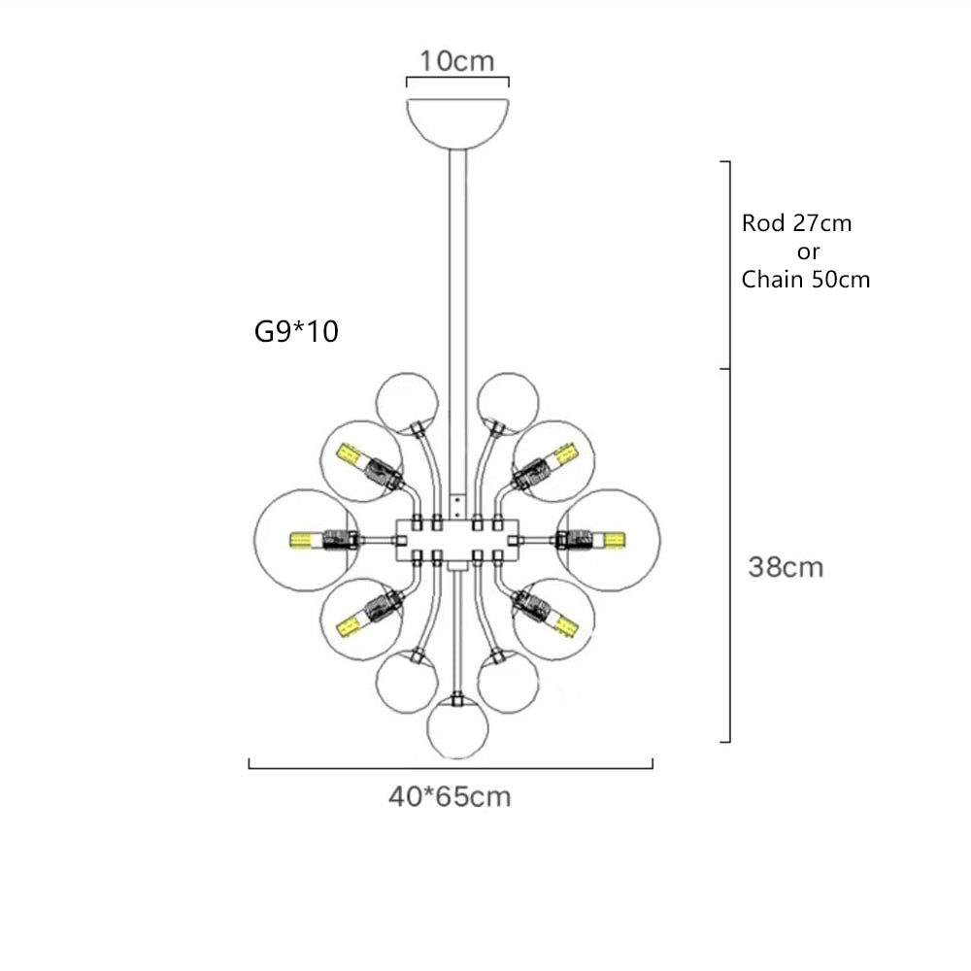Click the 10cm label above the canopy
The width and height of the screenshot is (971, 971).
[456, 60]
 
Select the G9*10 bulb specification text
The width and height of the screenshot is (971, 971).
[296, 332]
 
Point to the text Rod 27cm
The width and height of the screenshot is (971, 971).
[796, 223]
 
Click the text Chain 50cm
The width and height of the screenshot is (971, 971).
[805, 280]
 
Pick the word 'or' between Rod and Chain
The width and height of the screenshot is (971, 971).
[808, 251]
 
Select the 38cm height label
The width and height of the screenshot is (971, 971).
[785, 567]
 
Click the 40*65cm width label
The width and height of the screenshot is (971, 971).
[450, 797]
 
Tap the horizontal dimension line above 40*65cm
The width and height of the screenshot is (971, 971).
[451, 767]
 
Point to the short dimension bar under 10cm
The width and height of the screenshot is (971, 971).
[457, 84]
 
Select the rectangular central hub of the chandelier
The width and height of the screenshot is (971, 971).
[457, 538]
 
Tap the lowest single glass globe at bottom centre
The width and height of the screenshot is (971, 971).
[457, 725]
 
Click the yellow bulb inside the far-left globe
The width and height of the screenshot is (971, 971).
[304, 539]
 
